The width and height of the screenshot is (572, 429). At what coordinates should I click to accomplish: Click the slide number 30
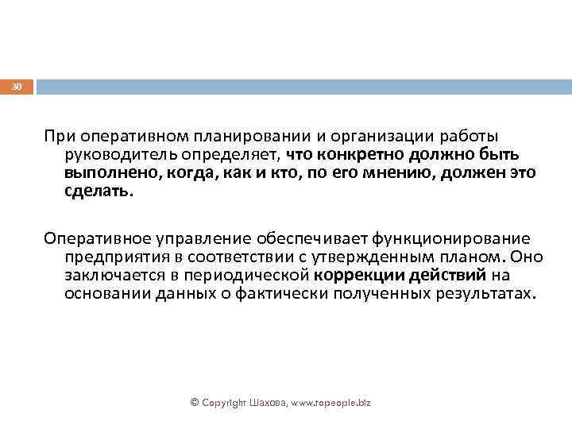point(17,86)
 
